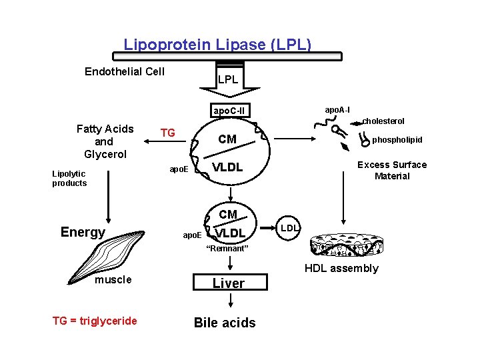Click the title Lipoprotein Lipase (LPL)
click(x=217, y=45)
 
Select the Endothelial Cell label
click(x=125, y=71)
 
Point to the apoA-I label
click(x=337, y=109)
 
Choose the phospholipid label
click(x=397, y=140)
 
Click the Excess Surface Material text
click(x=392, y=170)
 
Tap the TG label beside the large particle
click(x=167, y=133)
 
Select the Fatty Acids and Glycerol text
click(x=105, y=141)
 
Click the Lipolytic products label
click(x=69, y=178)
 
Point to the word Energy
click(x=83, y=232)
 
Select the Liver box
click(x=229, y=283)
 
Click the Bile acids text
click(x=225, y=323)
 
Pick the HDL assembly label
click(x=341, y=268)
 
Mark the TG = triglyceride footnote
click(x=95, y=321)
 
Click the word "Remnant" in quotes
click(x=228, y=249)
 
